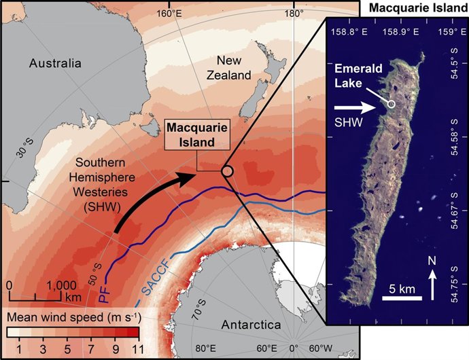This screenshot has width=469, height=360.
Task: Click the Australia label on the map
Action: click(x=55, y=63)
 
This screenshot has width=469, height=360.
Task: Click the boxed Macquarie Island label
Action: click(x=197, y=136)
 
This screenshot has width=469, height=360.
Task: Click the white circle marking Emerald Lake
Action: click(x=392, y=103)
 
